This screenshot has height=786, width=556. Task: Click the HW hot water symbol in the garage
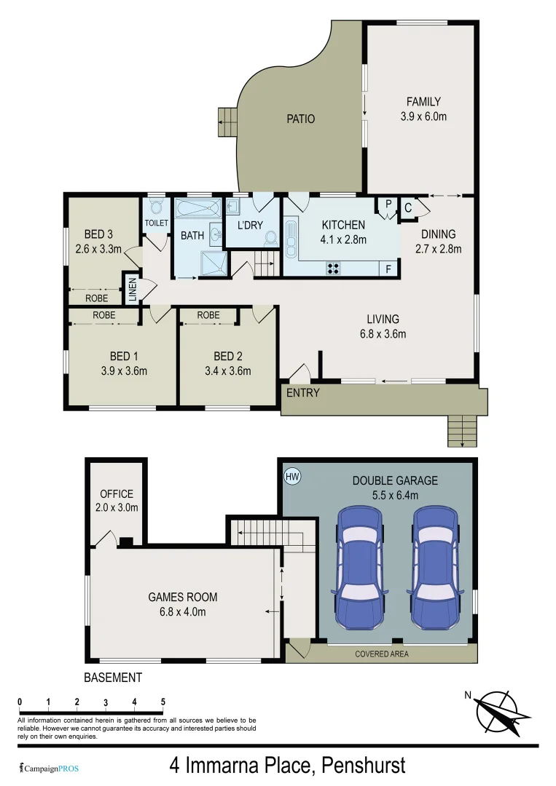pos(292,477)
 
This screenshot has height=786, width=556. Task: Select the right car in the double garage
pos(435,568)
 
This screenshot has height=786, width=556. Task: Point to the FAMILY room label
pos(423,102)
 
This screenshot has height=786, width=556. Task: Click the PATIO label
pos(300,119)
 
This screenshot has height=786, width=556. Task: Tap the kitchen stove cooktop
pos(334,267)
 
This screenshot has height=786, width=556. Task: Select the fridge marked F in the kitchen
pos(388,268)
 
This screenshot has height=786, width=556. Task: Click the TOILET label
pos(157,223)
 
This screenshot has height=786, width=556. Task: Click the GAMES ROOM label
pos(183,598)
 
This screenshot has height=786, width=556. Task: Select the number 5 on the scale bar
pos(163,702)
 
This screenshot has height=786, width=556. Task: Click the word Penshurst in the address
pos(359,766)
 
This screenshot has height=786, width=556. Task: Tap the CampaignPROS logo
pos(49,768)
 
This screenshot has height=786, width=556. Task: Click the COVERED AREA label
pos(382,654)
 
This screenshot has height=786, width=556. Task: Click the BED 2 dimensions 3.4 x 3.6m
pos(228,370)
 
